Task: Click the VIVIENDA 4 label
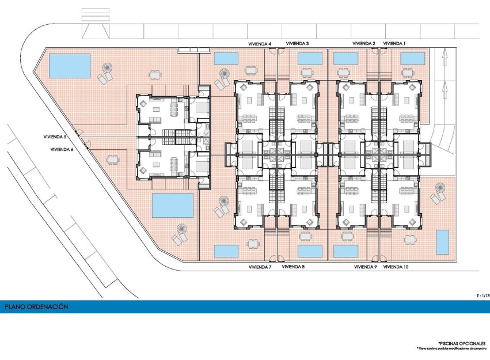260,43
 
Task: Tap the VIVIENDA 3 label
295,43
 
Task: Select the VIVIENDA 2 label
364,43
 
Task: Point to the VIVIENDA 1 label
394,43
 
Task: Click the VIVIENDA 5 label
55,137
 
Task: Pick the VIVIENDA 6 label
62,149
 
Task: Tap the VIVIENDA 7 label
260,267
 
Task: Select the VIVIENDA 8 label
294,267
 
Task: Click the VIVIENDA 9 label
365,267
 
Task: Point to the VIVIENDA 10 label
396,267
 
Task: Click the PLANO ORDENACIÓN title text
36,307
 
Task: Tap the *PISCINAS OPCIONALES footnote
461,343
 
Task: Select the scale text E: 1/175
483,295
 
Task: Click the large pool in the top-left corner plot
70,66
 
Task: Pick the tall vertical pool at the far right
442,242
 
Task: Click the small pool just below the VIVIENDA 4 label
226,59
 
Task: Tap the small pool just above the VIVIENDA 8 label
310,251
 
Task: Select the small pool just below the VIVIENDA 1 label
412,59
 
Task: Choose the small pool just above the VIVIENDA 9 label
345,252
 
